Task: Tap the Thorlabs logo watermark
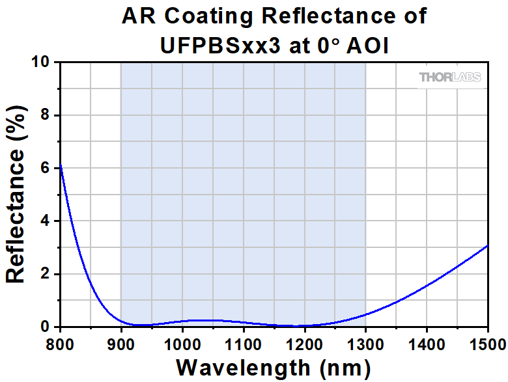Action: coord(450,77)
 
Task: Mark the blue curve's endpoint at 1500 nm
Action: coord(488,246)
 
